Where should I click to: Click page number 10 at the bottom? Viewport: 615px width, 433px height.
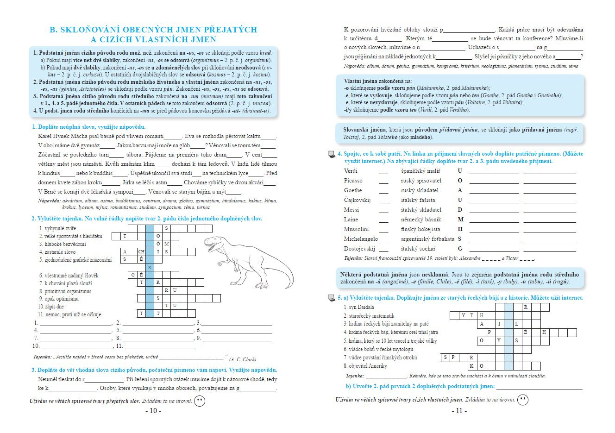point(153,411)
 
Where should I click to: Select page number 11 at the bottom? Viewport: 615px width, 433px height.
point(459,411)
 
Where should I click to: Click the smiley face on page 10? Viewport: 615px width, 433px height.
point(200,401)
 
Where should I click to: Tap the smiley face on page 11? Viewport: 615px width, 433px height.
point(522,399)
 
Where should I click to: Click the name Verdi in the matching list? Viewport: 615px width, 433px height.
point(351,171)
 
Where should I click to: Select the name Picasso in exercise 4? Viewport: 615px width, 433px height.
point(353,181)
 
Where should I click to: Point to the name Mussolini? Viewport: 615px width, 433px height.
point(356,229)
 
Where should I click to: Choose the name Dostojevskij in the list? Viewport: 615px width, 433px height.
point(359,249)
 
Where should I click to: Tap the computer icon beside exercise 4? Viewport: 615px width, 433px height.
point(332,154)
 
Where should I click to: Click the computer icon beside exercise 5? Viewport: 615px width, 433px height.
point(332,298)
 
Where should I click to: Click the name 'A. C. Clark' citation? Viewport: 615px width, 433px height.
point(243,359)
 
